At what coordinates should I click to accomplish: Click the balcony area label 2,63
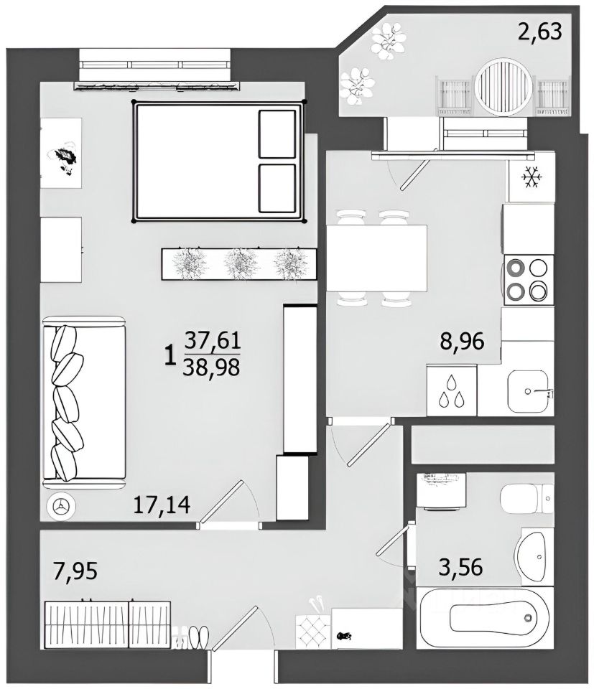pyautogui.click(x=539, y=32)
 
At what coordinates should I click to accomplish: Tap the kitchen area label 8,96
pyautogui.click(x=462, y=341)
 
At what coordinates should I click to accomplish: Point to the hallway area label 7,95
pyautogui.click(x=75, y=571)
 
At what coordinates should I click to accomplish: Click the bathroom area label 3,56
pyautogui.click(x=461, y=567)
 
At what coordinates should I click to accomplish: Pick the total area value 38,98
pyautogui.click(x=212, y=367)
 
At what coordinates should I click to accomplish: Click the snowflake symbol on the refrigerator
pyautogui.click(x=532, y=177)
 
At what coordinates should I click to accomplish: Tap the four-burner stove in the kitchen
pyautogui.click(x=528, y=280)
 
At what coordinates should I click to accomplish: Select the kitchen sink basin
pyautogui.click(x=528, y=391)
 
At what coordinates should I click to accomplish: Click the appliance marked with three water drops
pyautogui.click(x=452, y=390)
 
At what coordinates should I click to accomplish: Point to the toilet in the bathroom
pyautogui.click(x=526, y=498)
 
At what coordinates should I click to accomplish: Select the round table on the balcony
pyautogui.click(x=504, y=88)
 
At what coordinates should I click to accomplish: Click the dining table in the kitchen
pyautogui.click(x=377, y=258)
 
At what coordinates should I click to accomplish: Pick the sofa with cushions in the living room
pyautogui.click(x=84, y=403)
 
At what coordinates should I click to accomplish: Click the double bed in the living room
pyautogui.click(x=219, y=161)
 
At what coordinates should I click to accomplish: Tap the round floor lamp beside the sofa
pyautogui.click(x=60, y=507)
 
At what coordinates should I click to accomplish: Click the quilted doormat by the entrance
pyautogui.click(x=313, y=631)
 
